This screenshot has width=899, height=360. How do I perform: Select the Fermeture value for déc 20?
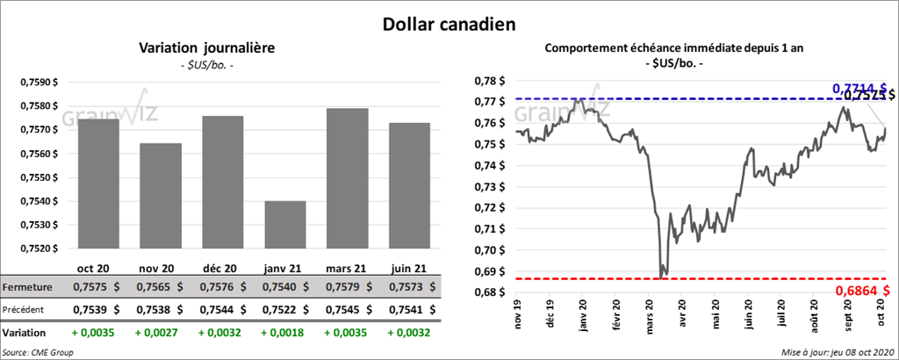pos(222,287)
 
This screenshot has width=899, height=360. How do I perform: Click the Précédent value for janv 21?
pos(284,309)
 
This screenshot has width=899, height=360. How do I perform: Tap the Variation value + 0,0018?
pos(284,333)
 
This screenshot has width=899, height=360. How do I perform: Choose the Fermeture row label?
pos(28,287)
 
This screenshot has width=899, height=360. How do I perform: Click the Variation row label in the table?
pos(25,333)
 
